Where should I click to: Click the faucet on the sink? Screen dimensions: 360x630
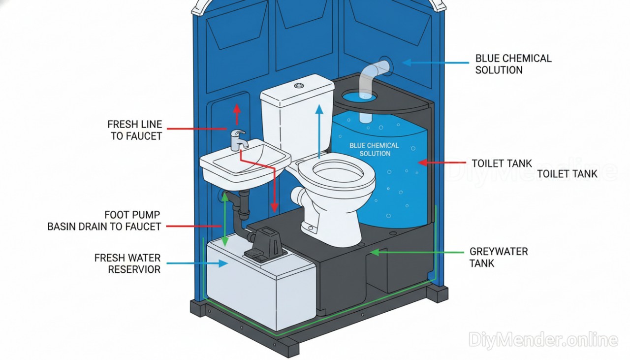coord(239,140)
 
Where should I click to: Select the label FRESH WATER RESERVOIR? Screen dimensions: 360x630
coord(127,263)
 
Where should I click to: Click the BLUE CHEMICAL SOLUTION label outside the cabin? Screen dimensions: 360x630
coord(513,64)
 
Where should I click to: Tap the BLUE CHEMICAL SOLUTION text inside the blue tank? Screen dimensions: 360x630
coord(374,150)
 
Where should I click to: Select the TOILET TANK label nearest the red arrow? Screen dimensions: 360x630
coord(502,163)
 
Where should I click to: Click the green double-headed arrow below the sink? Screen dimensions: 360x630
coord(224,219)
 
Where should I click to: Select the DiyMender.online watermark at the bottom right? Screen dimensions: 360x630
coord(543,339)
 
